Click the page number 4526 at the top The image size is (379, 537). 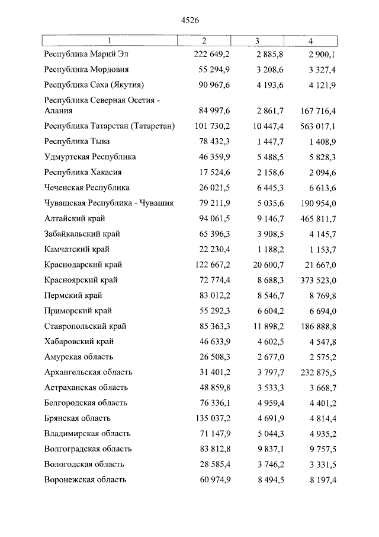(189, 20)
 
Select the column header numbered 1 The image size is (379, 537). (108, 41)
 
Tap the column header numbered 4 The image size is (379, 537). (310, 41)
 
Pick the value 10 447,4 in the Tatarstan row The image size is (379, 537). (258, 126)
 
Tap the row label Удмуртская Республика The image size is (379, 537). (90, 157)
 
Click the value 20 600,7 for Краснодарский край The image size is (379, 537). (258, 265)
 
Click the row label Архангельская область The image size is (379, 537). (88, 373)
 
